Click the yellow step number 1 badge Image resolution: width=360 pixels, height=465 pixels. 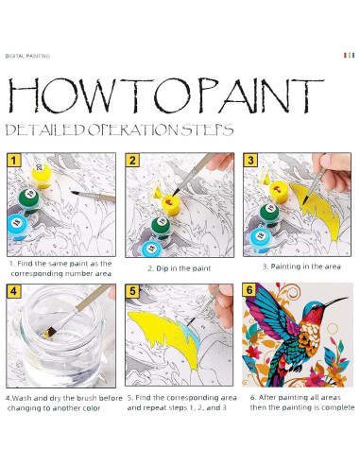coord(13,160)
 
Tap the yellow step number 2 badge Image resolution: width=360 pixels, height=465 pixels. coord(132,160)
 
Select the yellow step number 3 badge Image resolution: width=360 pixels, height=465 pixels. coord(250,160)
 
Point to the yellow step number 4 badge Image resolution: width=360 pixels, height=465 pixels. coord(13,291)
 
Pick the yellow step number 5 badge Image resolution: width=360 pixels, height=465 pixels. coord(132,291)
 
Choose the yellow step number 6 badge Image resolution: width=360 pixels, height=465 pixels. coord(249,290)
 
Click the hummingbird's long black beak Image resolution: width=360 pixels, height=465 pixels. coord(336,301)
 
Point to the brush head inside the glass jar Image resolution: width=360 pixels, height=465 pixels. coord(50,332)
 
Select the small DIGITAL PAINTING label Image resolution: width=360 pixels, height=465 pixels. coord(27,56)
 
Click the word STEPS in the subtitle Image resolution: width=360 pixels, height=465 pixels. coord(208,129)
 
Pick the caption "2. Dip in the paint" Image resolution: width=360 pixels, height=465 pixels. coord(180,268)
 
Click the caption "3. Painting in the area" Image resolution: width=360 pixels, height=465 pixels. coord(301,267)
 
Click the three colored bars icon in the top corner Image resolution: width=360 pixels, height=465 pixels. coord(349,55)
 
